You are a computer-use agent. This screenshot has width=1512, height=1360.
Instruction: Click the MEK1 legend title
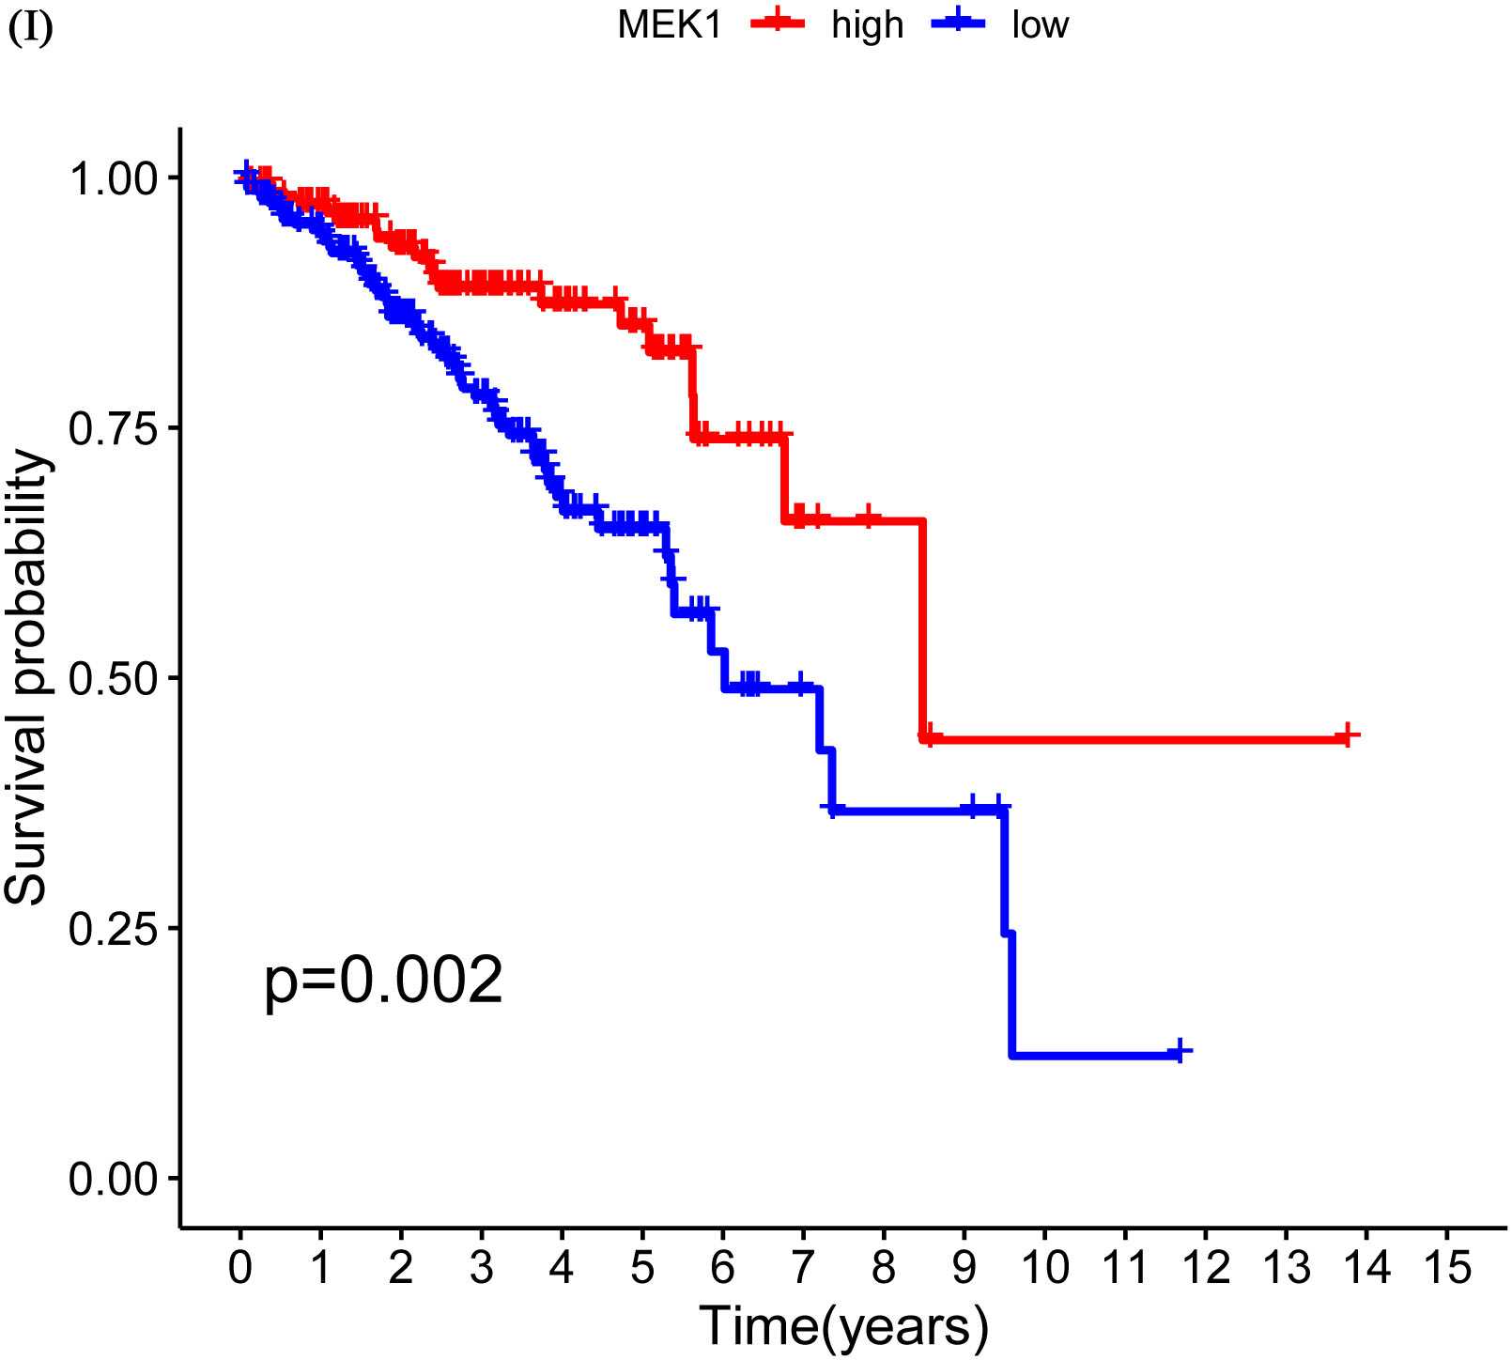click(670, 25)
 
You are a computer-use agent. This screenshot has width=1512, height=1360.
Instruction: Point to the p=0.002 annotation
click(383, 982)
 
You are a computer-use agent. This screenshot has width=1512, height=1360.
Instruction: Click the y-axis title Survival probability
click(26, 677)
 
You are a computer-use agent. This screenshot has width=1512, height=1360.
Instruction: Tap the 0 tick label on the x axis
click(240, 1269)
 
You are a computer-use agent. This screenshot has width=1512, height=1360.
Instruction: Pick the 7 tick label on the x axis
click(803, 1269)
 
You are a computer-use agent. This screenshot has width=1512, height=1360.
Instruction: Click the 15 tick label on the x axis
click(1446, 1269)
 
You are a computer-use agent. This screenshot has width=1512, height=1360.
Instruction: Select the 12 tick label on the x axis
click(1205, 1269)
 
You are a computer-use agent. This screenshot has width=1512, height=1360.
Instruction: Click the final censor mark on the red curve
click(1347, 735)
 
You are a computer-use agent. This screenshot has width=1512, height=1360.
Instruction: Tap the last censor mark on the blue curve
click(1180, 1051)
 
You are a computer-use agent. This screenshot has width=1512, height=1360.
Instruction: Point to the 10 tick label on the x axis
click(1044, 1269)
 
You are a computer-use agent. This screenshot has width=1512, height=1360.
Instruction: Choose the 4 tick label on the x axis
click(562, 1269)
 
